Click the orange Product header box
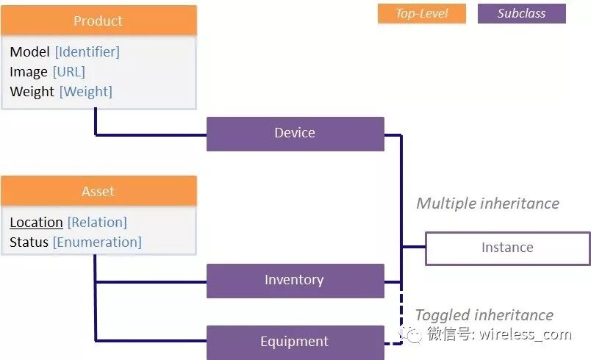coord(98,21)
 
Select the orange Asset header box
coord(98,191)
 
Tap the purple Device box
coord(295,133)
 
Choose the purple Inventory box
coord(295,280)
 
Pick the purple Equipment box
coord(295,342)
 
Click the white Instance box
coord(507,248)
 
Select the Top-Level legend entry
coord(421,13)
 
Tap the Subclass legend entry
coord(521,13)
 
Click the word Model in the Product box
coord(30,51)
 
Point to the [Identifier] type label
coord(87,51)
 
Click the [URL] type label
coord(68,71)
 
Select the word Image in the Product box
coord(29,71)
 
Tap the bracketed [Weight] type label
coord(85,91)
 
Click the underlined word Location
coord(36,222)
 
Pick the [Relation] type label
coord(97,222)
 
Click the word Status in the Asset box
coord(29,242)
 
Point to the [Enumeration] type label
coord(97,242)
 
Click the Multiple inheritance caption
coord(487,204)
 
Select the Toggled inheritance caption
coord(484,315)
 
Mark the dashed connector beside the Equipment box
coord(401,316)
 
